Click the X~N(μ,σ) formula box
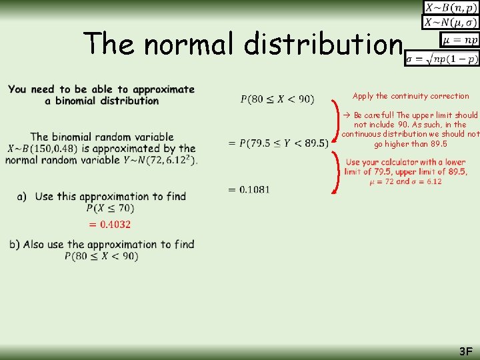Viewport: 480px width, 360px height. point(451,23)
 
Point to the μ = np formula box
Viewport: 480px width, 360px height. point(460,40)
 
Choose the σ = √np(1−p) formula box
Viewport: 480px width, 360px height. point(442,58)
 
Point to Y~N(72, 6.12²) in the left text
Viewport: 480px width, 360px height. point(160,160)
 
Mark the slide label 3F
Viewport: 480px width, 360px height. point(465,351)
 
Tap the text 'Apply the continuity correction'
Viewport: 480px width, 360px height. point(411,96)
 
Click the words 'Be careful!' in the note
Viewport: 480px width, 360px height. point(375,115)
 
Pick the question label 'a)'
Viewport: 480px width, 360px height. point(22,196)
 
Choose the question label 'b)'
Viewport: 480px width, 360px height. point(15,245)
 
